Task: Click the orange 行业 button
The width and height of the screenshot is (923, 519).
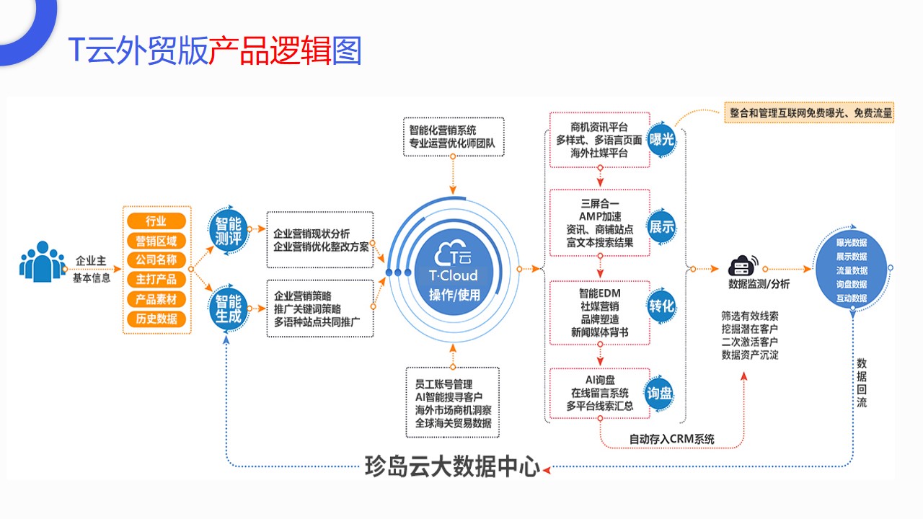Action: (x=156, y=221)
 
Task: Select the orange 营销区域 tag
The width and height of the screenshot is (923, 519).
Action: (x=156, y=240)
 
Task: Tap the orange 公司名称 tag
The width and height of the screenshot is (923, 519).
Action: (x=156, y=259)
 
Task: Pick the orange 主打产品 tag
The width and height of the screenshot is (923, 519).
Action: (x=156, y=279)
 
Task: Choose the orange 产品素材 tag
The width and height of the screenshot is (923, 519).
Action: (x=156, y=298)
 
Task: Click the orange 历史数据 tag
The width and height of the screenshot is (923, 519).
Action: (x=156, y=318)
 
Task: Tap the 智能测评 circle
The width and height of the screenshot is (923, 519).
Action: (x=229, y=230)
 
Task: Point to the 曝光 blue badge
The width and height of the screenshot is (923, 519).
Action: (x=661, y=138)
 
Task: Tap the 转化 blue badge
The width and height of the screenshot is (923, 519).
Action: (x=661, y=306)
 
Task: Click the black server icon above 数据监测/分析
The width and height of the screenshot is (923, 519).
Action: (x=743, y=265)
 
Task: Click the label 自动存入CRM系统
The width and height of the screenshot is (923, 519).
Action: (x=671, y=438)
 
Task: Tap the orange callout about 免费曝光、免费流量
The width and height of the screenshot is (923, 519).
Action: (x=808, y=112)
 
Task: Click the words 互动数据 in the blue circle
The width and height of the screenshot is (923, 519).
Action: (x=851, y=298)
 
